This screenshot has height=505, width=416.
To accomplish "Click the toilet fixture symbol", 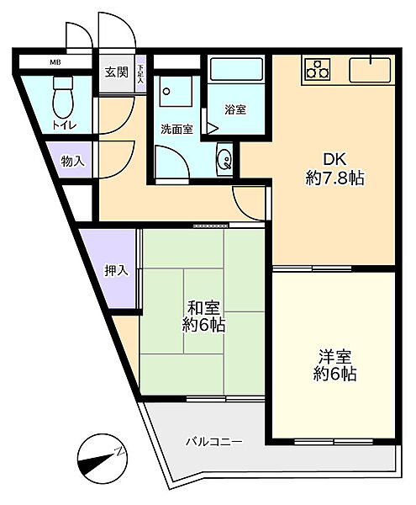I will pos(63,100).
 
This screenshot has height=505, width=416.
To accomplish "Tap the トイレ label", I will pos(64,126).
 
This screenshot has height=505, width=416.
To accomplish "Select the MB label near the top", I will pos(55,62).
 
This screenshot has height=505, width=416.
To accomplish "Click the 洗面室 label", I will pos(177,129).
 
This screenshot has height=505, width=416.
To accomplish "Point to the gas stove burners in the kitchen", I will pos(319,68).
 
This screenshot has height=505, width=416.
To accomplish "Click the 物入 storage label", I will pos(72,160).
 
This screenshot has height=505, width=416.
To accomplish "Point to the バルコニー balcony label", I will pos(214,441).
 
